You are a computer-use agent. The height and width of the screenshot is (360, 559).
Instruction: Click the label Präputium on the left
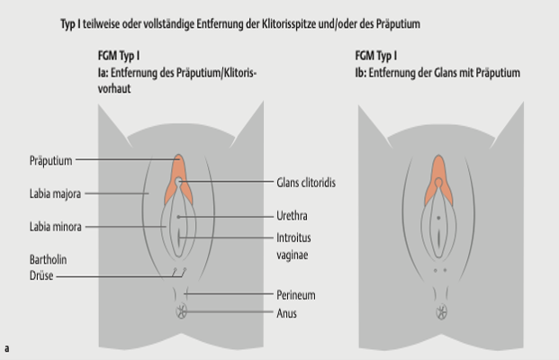[50, 161]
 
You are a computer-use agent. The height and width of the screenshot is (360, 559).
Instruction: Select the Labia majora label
[55, 193]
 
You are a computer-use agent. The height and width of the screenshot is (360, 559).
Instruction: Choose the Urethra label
[292, 216]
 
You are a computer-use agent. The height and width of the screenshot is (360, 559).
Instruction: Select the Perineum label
[296, 295]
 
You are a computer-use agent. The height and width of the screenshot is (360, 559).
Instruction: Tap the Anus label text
[286, 313]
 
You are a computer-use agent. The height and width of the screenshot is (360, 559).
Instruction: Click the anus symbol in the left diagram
[181, 311]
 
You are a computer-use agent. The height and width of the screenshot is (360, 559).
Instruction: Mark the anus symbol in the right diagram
[441, 311]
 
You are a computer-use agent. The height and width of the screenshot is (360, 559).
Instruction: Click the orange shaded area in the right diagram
[439, 171]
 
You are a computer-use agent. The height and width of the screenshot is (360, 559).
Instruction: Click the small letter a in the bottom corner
[6, 347]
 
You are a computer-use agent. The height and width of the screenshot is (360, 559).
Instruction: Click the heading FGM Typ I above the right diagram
[377, 57]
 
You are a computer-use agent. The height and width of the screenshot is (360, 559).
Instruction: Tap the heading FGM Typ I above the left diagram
[117, 57]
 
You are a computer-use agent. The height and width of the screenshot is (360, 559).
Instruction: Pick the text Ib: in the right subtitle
[362, 72]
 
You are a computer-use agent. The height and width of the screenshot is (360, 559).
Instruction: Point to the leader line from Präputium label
[122, 161]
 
